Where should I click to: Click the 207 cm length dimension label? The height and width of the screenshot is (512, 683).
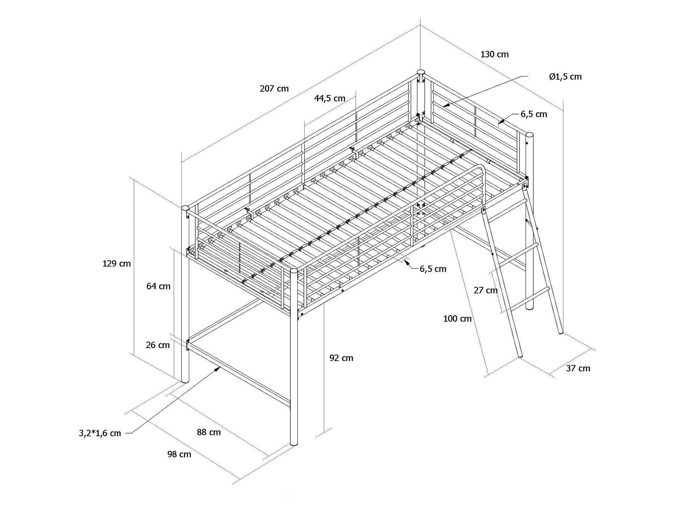(274, 88)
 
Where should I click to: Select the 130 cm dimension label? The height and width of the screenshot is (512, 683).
(494, 54)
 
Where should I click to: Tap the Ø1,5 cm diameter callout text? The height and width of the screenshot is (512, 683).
(565, 77)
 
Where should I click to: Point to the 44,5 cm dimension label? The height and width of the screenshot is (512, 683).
(330, 98)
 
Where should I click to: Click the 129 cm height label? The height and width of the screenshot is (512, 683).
(117, 263)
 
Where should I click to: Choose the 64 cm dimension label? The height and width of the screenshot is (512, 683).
(158, 286)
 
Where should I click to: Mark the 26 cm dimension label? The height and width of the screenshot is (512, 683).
(158, 345)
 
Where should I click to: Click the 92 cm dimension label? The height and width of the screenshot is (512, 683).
(341, 358)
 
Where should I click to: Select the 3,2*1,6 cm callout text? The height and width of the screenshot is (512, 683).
(100, 433)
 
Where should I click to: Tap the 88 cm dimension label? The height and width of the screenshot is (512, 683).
(209, 432)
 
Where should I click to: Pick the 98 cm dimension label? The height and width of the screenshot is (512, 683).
(179, 454)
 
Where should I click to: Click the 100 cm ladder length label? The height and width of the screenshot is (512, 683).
(457, 319)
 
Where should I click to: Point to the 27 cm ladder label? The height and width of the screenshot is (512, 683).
(486, 290)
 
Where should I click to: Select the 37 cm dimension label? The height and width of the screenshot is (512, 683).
(578, 368)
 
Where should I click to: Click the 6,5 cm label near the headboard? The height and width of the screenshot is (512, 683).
(534, 114)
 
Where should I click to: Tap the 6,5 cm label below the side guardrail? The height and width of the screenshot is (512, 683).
(433, 269)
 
